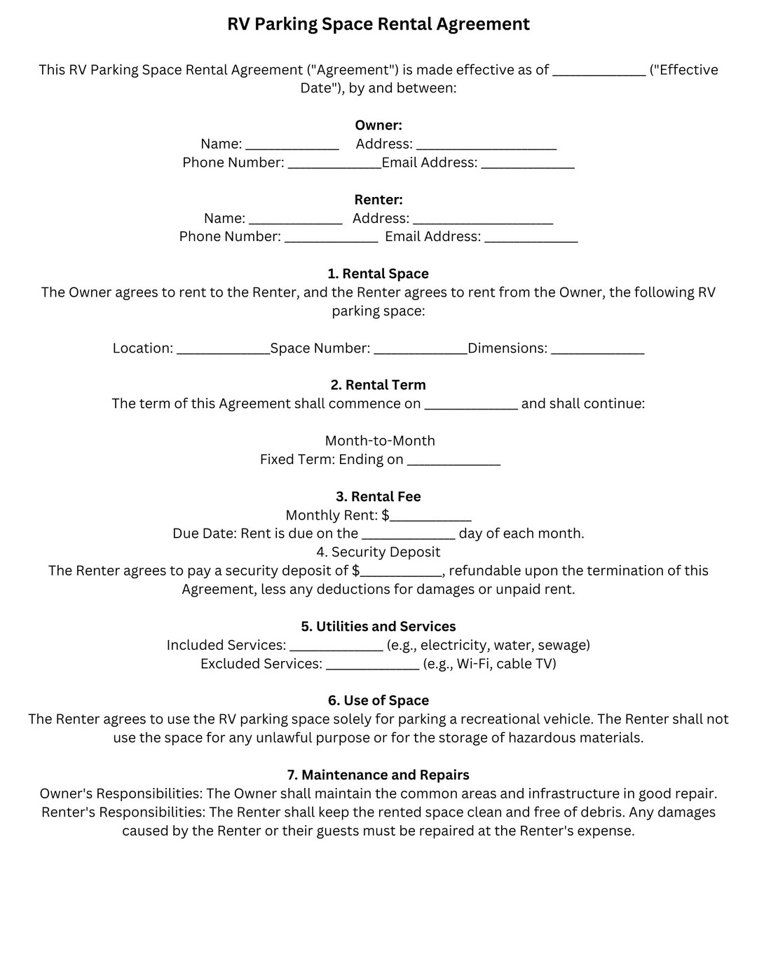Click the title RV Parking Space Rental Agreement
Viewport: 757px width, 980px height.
[378, 25]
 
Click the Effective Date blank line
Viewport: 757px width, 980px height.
[599, 72]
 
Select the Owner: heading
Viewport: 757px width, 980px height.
[378, 125]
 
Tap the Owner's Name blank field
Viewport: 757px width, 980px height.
[292, 147]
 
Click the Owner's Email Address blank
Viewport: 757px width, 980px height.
[527, 165]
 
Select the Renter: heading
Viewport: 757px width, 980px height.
[378, 200]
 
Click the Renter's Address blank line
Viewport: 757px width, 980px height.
[482, 222]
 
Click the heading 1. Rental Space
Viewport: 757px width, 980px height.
[378, 274]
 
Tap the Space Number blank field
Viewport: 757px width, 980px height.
[420, 351]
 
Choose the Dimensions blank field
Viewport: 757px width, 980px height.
[597, 351]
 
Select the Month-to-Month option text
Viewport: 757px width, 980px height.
[379, 441]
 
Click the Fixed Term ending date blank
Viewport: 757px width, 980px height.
[453, 463]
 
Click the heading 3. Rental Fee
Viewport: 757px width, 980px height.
[378, 497]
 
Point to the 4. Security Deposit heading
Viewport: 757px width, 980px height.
[378, 552]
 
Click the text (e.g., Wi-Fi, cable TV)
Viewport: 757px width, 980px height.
[489, 664]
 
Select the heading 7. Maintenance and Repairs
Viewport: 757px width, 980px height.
[378, 775]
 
